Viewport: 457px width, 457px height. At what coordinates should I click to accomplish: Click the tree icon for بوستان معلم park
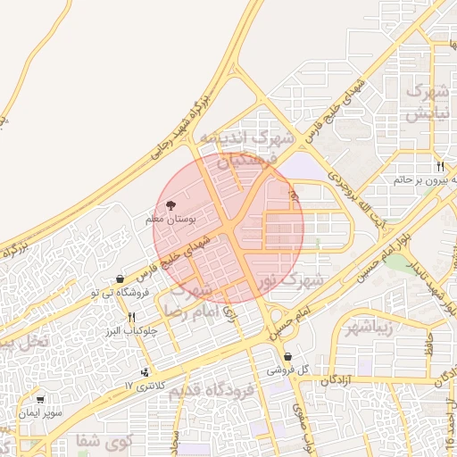click(172, 204)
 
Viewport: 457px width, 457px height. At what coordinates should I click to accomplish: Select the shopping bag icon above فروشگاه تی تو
click(120, 278)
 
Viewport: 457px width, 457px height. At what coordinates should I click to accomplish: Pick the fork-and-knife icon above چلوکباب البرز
click(132, 317)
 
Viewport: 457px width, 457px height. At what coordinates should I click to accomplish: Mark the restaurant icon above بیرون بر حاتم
click(440, 167)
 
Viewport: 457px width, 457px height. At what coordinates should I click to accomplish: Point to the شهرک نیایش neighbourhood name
click(426, 103)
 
